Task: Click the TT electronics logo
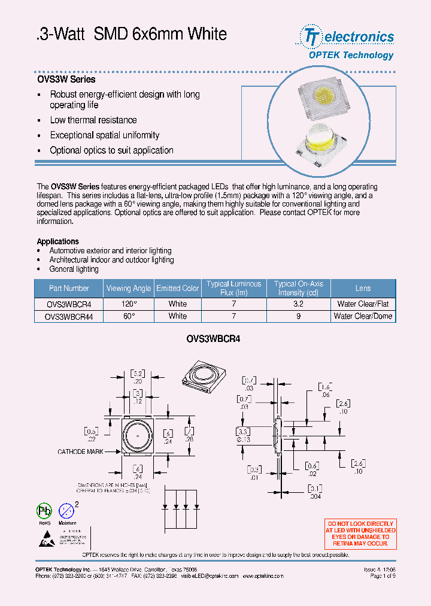347,37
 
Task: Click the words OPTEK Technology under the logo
351,55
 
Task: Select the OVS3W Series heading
66,79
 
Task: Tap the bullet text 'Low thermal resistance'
93,120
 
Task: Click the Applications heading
58,241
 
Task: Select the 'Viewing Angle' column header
128,288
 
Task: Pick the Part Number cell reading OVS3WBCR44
69,316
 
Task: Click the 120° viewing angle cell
128,304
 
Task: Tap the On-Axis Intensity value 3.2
298,304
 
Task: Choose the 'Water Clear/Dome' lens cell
363,316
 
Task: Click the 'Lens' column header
363,288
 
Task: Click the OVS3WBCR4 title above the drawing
213,339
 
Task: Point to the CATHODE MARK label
81,452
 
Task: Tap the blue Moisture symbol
68,511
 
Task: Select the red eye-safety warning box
360,533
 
